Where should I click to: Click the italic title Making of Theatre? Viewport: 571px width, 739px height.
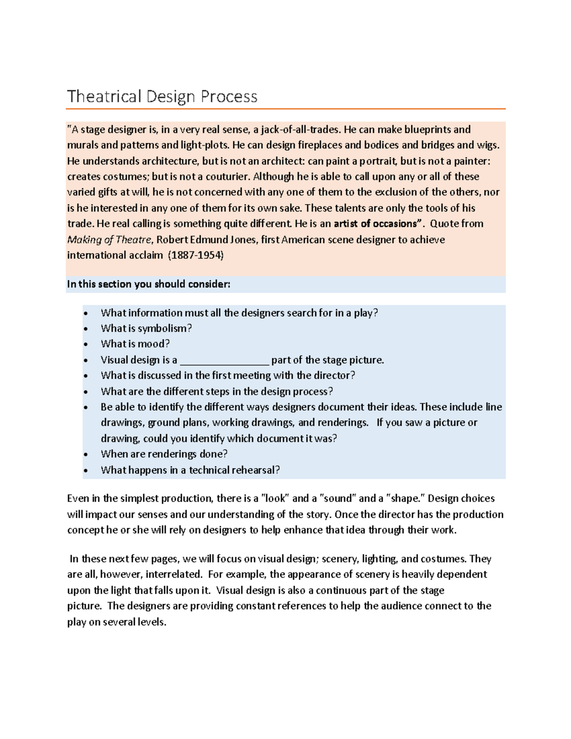click(109, 239)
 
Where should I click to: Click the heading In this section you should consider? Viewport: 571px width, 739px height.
click(148, 284)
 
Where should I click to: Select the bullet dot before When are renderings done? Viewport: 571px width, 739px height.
click(86, 455)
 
